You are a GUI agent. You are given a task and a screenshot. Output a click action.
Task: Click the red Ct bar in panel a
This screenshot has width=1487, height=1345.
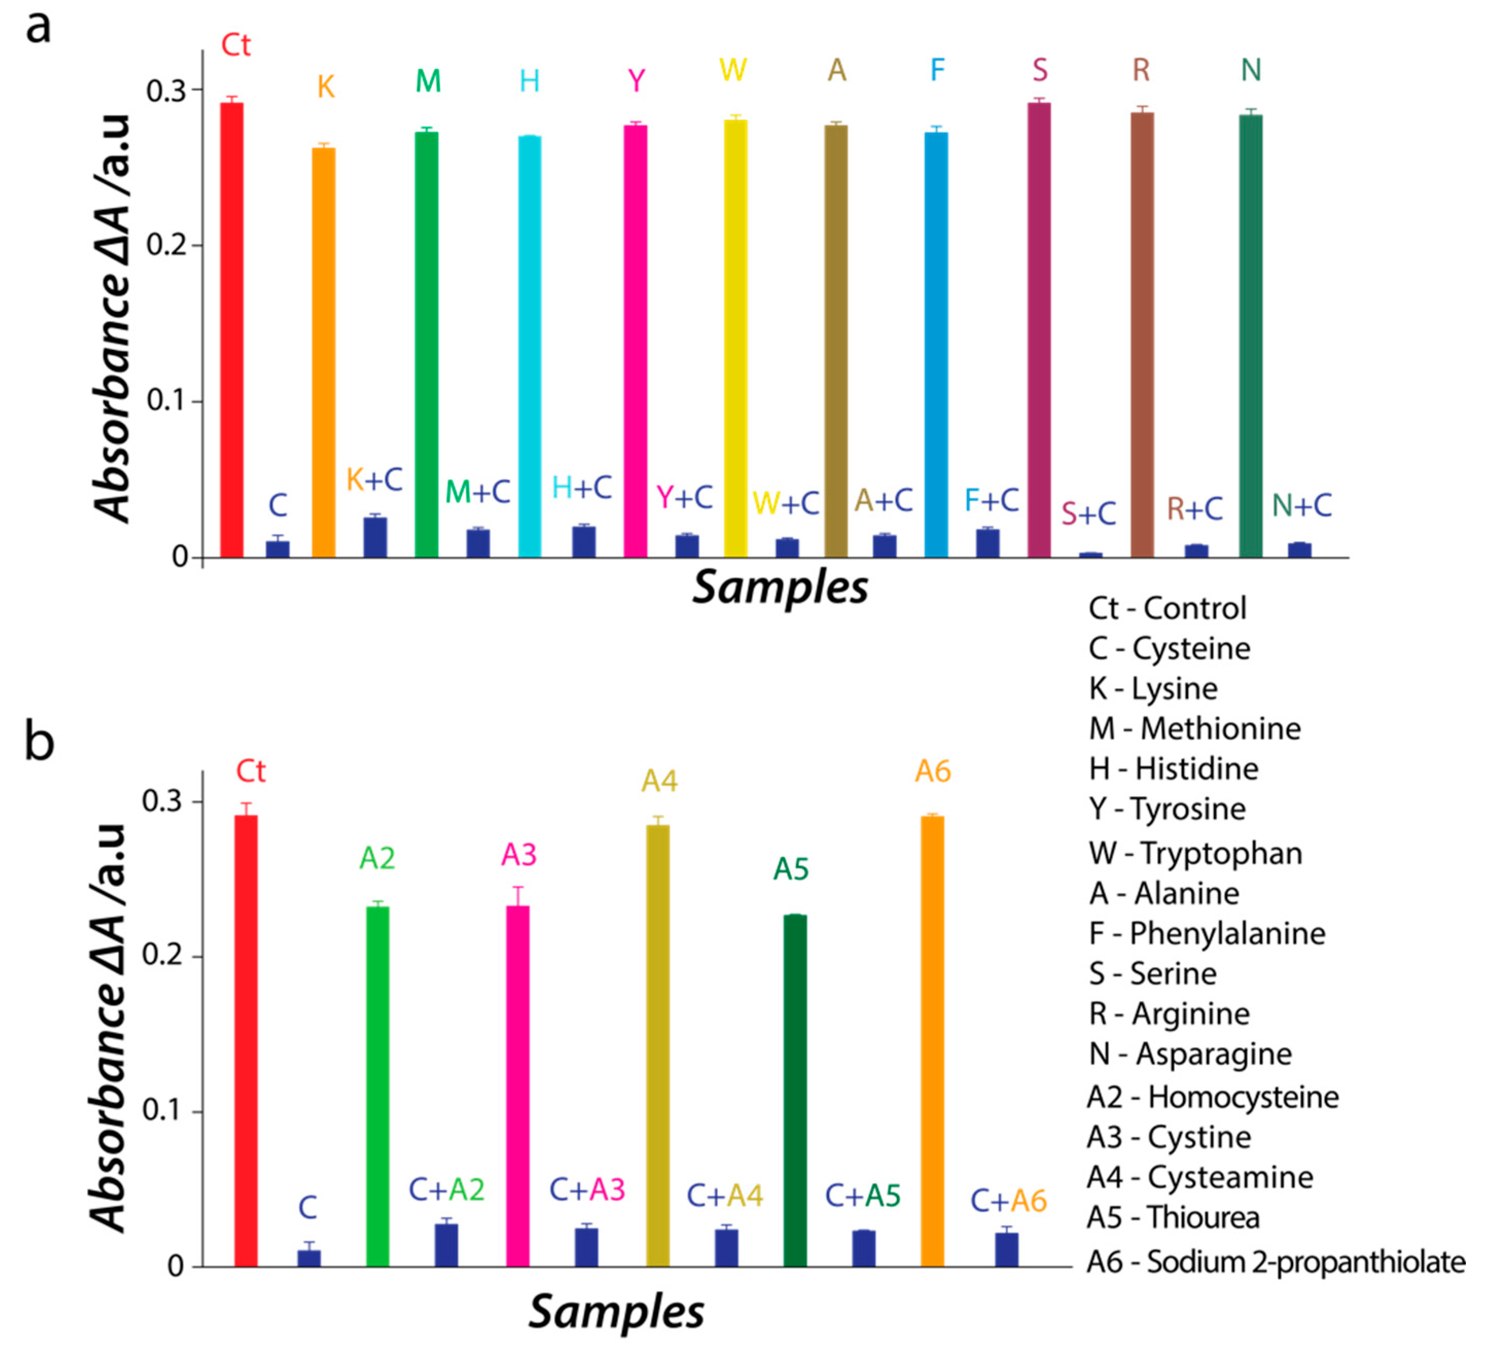[231, 332]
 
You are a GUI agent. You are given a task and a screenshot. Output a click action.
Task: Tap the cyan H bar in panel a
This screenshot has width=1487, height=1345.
[530, 347]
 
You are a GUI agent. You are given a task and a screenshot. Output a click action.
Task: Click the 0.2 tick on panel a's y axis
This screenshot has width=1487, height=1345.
[166, 245]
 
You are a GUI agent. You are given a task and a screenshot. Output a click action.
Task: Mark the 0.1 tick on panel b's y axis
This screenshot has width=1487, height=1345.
[162, 1111]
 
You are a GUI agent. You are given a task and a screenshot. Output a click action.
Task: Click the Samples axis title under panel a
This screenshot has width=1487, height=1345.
[780, 588]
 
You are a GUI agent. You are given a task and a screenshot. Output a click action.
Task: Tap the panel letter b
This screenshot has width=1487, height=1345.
[39, 742]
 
